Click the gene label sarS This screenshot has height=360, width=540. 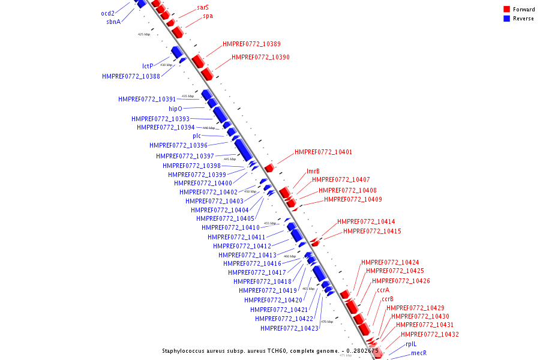tap(203, 8)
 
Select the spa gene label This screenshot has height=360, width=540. tap(208, 16)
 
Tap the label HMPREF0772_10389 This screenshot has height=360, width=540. tap(251, 44)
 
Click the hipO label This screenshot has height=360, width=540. tap(175, 109)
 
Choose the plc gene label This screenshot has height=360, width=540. tap(197, 136)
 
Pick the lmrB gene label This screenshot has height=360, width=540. tap(313, 172)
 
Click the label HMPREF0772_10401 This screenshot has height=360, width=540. tap(323, 152)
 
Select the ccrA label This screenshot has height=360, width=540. tap(383, 290)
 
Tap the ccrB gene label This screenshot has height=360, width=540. tap(388, 299)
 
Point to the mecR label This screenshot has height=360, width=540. tap(419, 353)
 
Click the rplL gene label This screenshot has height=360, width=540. tap(411, 344)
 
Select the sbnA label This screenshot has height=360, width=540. tap(113, 22)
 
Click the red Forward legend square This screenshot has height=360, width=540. tap(507, 9)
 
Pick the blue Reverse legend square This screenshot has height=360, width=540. tap(507, 18)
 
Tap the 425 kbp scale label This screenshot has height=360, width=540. tap(144, 34)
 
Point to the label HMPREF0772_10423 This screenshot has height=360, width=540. tap(289, 328)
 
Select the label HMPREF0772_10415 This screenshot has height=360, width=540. tap(372, 232)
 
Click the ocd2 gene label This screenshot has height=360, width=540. tap(107, 13)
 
